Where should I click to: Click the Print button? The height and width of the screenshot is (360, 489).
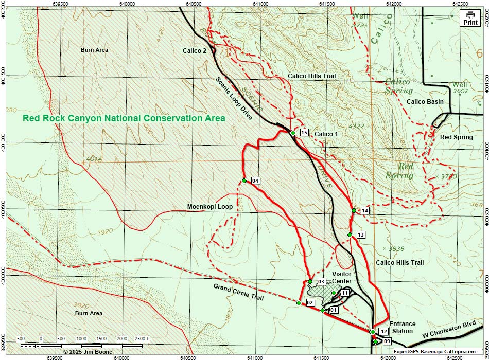[x=470, y=19]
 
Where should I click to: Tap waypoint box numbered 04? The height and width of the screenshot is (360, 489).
[x=255, y=181]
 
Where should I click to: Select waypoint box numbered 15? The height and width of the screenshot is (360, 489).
[x=304, y=133]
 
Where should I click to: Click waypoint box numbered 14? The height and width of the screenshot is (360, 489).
[x=365, y=211]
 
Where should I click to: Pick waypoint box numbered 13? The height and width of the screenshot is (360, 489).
[x=360, y=235]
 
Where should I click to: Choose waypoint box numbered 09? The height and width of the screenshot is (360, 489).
[x=387, y=341]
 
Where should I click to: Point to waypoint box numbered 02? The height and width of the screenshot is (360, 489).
[x=310, y=303]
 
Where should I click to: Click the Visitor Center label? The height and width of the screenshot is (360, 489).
[x=342, y=277]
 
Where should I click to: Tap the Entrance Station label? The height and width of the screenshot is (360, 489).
[x=402, y=327]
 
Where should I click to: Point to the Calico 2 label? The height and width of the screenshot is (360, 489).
[x=195, y=50]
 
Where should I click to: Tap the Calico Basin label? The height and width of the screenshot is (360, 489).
[x=425, y=102]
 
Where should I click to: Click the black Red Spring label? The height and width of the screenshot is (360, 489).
[x=456, y=137]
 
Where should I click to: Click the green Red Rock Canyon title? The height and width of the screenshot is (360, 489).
[x=124, y=118]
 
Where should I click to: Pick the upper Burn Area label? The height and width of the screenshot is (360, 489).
[x=94, y=50]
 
